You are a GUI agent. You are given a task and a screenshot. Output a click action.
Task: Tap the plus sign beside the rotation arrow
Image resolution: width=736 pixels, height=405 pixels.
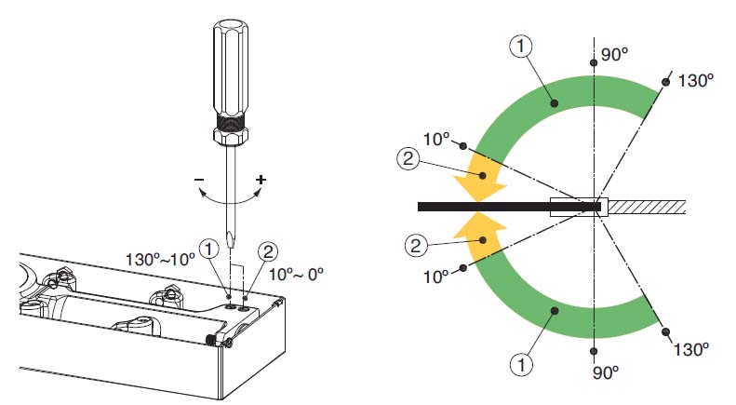click(261, 180)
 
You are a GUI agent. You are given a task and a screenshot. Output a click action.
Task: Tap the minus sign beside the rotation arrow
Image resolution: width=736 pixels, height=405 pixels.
click(199, 179)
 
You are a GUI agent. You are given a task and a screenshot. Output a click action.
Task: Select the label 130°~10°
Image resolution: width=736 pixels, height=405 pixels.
click(160, 259)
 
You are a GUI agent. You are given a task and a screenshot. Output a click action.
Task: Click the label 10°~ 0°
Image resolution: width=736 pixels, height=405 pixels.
click(296, 274)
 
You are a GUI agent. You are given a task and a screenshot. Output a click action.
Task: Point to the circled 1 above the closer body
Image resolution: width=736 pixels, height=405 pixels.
click(208, 249)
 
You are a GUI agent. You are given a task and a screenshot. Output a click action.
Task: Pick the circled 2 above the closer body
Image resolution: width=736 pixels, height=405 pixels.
click(268, 251)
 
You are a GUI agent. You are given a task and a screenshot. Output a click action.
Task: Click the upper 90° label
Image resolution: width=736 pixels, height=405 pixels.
click(614, 55)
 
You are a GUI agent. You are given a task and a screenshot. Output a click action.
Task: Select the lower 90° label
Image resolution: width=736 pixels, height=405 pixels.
click(606, 372)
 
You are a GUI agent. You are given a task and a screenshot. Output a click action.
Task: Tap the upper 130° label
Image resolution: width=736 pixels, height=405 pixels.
click(696, 80)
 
